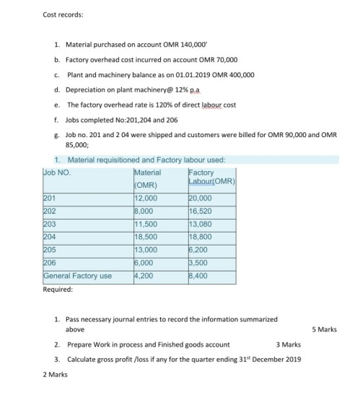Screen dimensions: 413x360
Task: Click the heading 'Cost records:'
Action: (63, 14)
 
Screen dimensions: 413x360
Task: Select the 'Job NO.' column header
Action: (57, 173)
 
